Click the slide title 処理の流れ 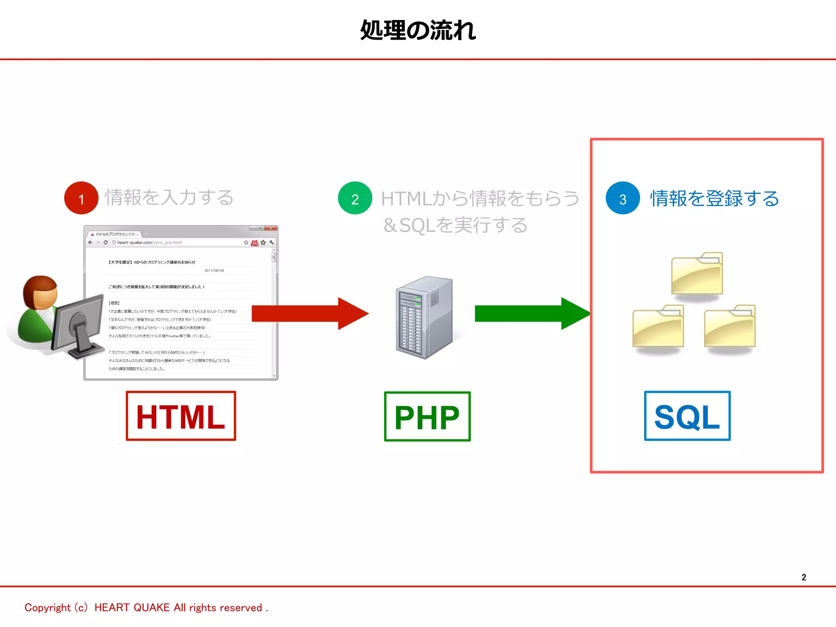coord(418,30)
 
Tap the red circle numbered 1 coord(81,198)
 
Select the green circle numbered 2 coord(355,198)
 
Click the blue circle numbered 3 coord(623,198)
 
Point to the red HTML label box coord(181,416)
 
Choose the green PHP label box coord(427,416)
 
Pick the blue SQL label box coord(687,416)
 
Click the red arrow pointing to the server coord(310,313)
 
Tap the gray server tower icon coord(425,318)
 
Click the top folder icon coord(697,273)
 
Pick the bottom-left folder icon coord(658,327)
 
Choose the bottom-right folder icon coord(730,327)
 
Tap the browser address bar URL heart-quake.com coord(135,242)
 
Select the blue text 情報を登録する coord(714,198)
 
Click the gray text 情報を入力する coord(169,198)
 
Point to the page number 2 coord(804,577)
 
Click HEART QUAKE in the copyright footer coord(132,607)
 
